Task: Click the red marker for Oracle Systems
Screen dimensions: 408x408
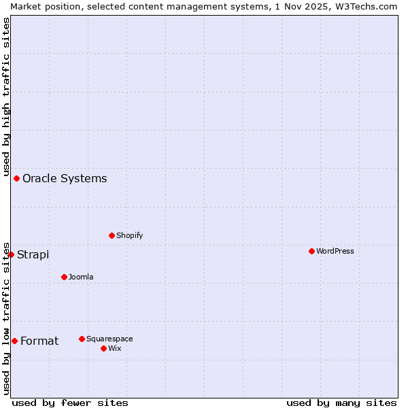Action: pyautogui.click(x=16, y=178)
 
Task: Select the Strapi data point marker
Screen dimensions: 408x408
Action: pyautogui.click(x=11, y=254)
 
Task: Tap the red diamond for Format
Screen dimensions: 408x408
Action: pyautogui.click(x=14, y=341)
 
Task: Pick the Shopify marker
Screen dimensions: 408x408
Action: pyautogui.click(x=112, y=235)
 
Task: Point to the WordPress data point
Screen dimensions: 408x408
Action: pyautogui.click(x=311, y=251)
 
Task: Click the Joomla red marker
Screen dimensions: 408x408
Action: pyautogui.click(x=64, y=277)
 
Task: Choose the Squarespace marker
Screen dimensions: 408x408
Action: pyautogui.click(x=82, y=339)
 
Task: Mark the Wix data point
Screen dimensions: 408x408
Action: pyautogui.click(x=103, y=348)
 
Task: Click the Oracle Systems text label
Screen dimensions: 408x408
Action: pyautogui.click(x=65, y=179)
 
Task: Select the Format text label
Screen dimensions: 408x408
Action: pyautogui.click(x=39, y=341)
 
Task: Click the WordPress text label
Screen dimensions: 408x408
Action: pyautogui.click(x=335, y=251)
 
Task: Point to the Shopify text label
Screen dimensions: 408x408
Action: pyautogui.click(x=129, y=235)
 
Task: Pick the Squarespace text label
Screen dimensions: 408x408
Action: pyautogui.click(x=109, y=339)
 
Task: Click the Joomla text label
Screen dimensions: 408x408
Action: pyautogui.click(x=81, y=277)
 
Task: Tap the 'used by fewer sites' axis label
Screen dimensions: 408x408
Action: pyautogui.click(x=70, y=403)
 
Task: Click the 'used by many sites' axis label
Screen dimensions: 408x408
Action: pyautogui.click(x=341, y=403)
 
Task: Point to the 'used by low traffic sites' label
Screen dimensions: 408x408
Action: pyautogui.click(x=6, y=318)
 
